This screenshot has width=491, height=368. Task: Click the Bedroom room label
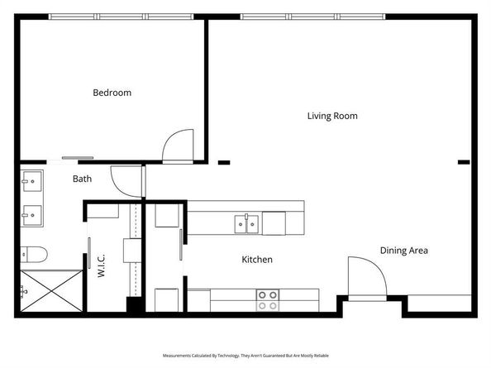pyautogui.click(x=112, y=93)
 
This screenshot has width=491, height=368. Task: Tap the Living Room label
pyautogui.click(x=332, y=116)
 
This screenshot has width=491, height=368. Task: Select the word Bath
pyautogui.click(x=82, y=179)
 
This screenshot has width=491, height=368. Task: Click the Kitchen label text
pyautogui.click(x=256, y=260)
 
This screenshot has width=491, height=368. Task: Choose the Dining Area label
pyautogui.click(x=403, y=250)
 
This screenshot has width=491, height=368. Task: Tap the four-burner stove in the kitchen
pyautogui.click(x=267, y=299)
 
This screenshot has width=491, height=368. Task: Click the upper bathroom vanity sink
pyautogui.click(x=34, y=179)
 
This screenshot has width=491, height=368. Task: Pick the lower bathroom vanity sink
pyautogui.click(x=34, y=215)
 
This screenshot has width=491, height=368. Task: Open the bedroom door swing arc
pyautogui.click(x=177, y=146)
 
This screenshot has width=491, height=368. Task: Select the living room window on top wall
pyautogui.click(x=314, y=17)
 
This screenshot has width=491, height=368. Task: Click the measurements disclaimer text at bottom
pyautogui.click(x=245, y=354)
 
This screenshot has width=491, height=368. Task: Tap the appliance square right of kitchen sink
pyautogui.click(x=274, y=222)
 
